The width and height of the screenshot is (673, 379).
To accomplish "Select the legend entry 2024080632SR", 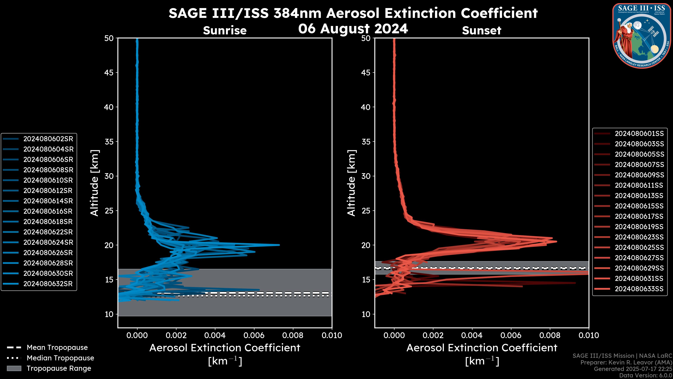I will point(48,284).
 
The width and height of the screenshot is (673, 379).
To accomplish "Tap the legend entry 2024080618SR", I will point(48,222).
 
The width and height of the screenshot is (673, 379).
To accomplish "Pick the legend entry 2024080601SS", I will point(639,134).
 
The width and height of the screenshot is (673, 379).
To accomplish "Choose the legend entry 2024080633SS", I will point(639,289).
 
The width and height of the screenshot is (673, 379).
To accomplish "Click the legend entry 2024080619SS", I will point(639,227).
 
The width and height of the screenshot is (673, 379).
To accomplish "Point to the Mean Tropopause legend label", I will point(57,348).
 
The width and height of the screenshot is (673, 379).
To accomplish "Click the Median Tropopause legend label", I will point(60,358).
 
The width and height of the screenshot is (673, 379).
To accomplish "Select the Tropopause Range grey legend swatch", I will point(14,368).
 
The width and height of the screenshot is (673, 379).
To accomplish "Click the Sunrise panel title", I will point(225,31).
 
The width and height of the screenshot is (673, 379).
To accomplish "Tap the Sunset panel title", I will point(481,31).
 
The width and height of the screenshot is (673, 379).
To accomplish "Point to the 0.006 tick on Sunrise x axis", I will point(254,335).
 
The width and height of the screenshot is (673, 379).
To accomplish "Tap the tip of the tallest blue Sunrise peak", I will point(279,245).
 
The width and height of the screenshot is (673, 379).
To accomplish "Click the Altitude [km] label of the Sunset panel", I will point(351,183).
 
